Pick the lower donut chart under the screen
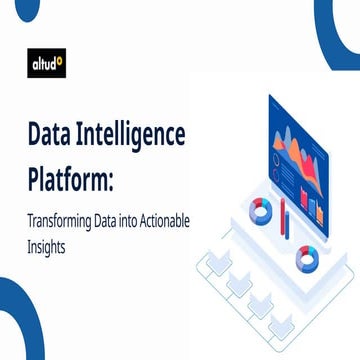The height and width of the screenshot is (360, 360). [x=305, y=260]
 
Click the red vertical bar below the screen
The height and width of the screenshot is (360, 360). [x=285, y=217]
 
